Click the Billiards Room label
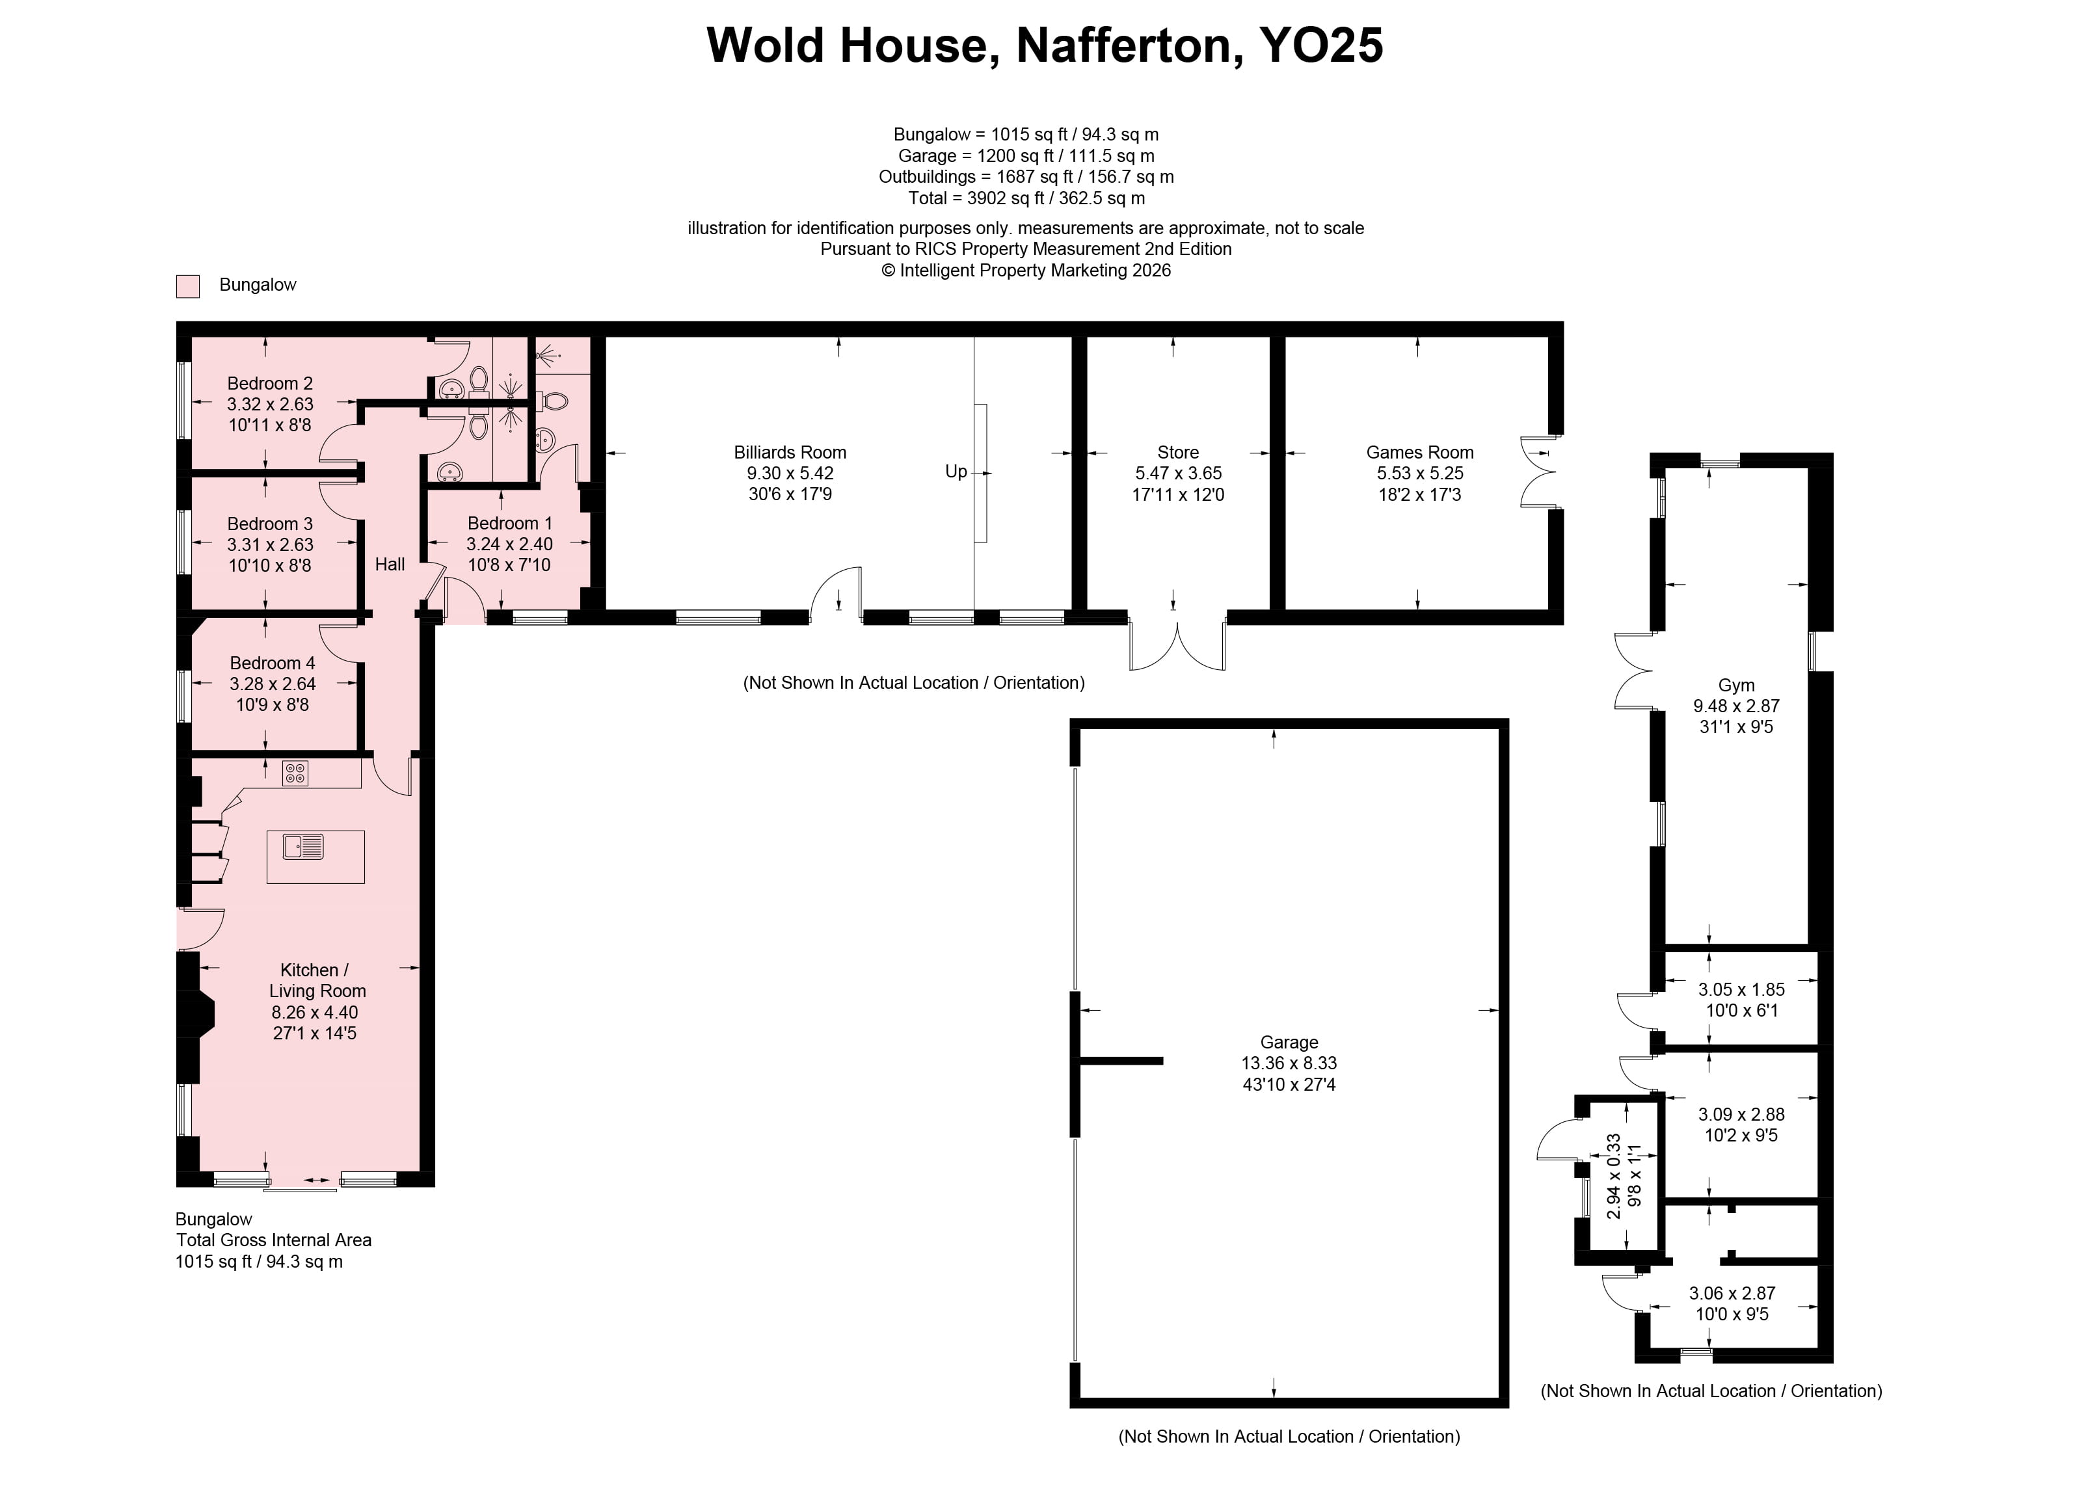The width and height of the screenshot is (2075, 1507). pos(790,452)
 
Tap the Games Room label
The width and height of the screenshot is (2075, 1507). pos(1419,452)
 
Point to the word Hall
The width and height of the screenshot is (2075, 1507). pos(390,565)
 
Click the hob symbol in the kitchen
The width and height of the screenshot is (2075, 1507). pos(295,774)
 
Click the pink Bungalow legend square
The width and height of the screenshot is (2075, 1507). pos(187,286)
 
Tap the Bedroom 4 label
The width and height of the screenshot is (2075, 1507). pos(272,663)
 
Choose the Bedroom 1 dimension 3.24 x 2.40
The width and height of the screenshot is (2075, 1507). pos(509,544)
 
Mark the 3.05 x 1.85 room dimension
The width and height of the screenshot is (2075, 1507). pos(1741,989)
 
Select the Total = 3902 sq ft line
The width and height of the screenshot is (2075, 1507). pos(1026,198)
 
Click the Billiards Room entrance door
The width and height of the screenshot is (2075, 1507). pos(837,593)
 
